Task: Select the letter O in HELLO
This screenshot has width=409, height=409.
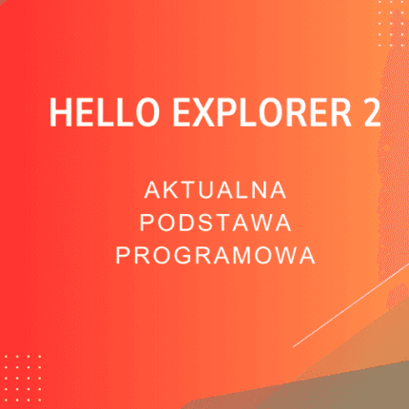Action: tap(125, 113)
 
